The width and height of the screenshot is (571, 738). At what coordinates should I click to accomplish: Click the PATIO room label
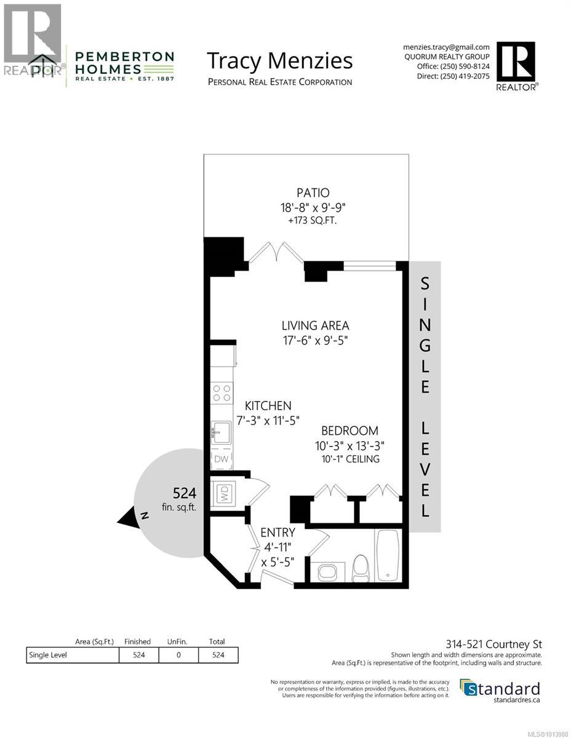tap(306, 192)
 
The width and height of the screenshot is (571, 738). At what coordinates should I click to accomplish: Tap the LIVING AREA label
tap(316, 325)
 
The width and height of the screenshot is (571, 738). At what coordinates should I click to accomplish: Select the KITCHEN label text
tap(268, 406)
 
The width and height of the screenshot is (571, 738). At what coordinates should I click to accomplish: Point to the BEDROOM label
tap(353, 430)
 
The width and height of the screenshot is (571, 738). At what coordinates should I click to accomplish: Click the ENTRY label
tap(278, 532)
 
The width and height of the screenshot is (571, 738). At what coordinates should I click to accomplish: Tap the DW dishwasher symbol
tap(221, 459)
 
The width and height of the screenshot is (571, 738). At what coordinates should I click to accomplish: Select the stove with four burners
tap(222, 394)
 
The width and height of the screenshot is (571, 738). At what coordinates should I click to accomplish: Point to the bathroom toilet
tap(360, 568)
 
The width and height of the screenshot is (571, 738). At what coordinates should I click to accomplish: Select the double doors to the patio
tap(277, 252)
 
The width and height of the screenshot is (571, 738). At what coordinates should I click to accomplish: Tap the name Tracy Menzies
tap(279, 61)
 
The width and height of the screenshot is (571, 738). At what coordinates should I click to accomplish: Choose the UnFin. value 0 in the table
tap(178, 655)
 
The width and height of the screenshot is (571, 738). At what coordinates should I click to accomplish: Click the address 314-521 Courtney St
tap(501, 645)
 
